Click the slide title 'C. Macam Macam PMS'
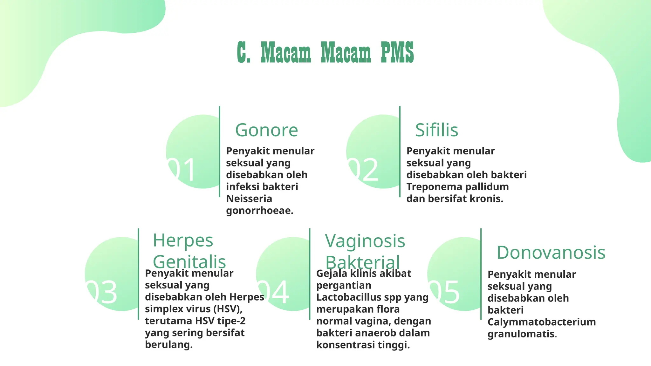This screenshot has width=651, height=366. click(325, 52)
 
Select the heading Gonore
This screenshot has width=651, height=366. click(266, 130)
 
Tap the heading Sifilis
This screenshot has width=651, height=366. click(436, 130)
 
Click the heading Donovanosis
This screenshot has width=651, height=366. click(551, 253)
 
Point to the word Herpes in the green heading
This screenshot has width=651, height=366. click(183, 241)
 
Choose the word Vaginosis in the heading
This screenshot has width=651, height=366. click(365, 241)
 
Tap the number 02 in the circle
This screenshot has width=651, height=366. click(363, 170)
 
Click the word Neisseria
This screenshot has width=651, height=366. click(249, 199)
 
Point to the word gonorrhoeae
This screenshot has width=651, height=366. click(259, 211)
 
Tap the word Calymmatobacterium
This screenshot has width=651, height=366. click(541, 322)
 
